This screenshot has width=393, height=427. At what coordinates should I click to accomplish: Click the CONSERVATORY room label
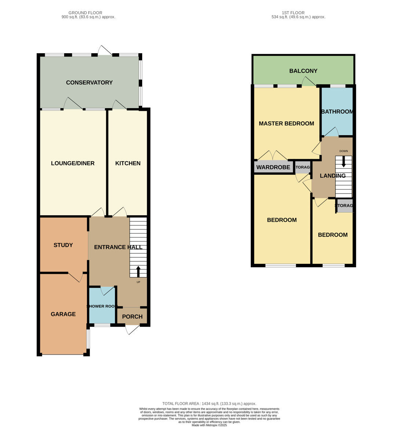pos(89,82)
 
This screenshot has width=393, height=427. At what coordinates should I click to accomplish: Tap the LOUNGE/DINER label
pos(73,163)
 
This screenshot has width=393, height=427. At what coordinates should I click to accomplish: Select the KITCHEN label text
pos(128,163)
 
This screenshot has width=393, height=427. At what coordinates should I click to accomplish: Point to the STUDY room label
pos(63,245)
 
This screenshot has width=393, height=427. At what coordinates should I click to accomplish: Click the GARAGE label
pos(63,314)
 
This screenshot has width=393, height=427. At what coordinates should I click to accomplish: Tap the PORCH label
pos(132,317)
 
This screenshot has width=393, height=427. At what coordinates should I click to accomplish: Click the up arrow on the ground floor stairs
pos(138,272)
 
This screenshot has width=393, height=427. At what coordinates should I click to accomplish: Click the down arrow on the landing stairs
pos(344,161)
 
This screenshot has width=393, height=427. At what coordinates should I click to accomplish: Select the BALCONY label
pos(303,71)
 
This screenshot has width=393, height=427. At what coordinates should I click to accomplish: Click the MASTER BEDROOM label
pos(286,124)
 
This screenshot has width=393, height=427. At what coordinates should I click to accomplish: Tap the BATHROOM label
pos(337,111)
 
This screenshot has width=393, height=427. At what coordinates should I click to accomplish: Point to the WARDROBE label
pos(273,167)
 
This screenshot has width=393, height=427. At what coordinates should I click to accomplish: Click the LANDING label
pos(333,176)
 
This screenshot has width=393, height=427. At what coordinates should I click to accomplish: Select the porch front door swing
pos(131,330)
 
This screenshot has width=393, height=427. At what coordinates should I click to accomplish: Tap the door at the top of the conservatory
pos(104,51)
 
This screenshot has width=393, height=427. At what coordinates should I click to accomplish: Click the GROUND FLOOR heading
pos(85,13)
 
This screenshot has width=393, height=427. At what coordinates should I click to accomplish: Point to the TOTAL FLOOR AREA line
pos(209,404)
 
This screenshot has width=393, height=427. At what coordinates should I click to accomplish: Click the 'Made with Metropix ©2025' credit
pos(209,425)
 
